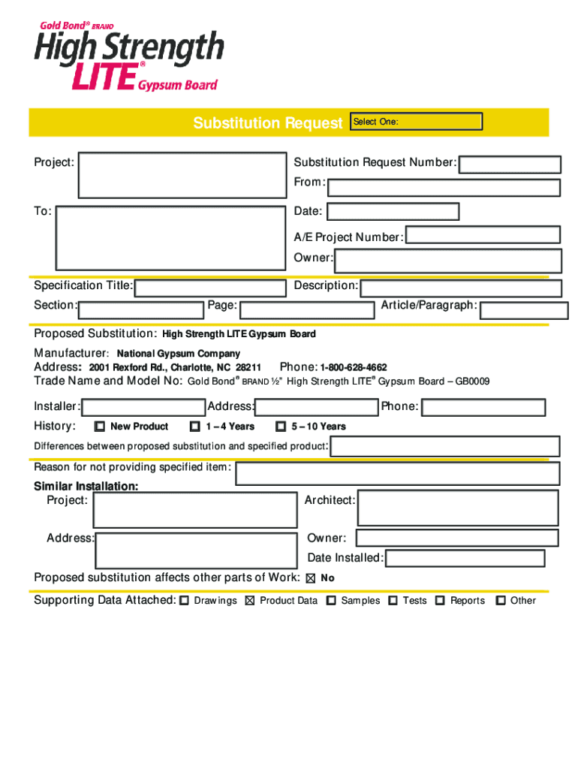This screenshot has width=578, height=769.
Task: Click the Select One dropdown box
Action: (416, 122)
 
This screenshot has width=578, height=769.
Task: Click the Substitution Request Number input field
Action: (509, 164)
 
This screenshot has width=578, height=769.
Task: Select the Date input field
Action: (393, 212)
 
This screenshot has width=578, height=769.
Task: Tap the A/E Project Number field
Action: (483, 236)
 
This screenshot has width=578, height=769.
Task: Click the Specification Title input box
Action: (210, 288)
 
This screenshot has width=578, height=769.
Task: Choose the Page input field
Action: (306, 309)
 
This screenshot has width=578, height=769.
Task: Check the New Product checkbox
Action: (99, 427)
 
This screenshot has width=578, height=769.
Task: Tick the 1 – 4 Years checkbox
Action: (195, 427)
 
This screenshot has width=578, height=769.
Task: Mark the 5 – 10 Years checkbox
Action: (281, 427)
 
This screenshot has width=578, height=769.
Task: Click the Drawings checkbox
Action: (184, 601)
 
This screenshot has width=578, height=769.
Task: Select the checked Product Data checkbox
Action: (250, 601)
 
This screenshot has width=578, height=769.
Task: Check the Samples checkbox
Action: (331, 601)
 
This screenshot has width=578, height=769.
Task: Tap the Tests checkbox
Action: (393, 601)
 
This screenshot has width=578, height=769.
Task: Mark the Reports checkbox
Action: (440, 601)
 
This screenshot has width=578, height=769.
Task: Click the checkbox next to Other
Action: (501, 601)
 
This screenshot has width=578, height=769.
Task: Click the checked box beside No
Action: (311, 578)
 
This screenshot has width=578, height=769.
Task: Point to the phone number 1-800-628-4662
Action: (354, 367)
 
